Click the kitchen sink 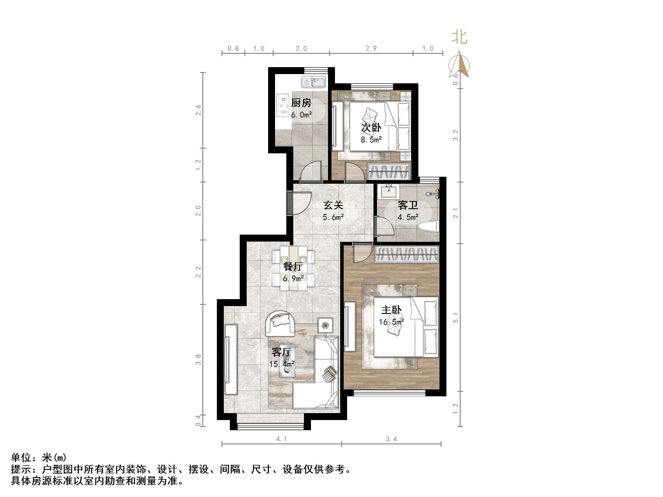(x=313, y=82)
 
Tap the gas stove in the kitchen (x=283, y=105)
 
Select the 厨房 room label (x=301, y=103)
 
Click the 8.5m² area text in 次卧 (x=371, y=140)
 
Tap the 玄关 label (x=333, y=205)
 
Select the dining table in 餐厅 (x=294, y=268)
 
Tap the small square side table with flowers (x=325, y=325)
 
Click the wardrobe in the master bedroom (x=406, y=255)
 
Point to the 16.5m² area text (x=391, y=322)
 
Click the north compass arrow (x=459, y=65)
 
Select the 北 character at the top (x=459, y=37)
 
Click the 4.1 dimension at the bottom (x=281, y=439)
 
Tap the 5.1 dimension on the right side (x=456, y=318)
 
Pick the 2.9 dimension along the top (x=371, y=49)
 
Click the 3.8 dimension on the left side (x=198, y=360)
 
